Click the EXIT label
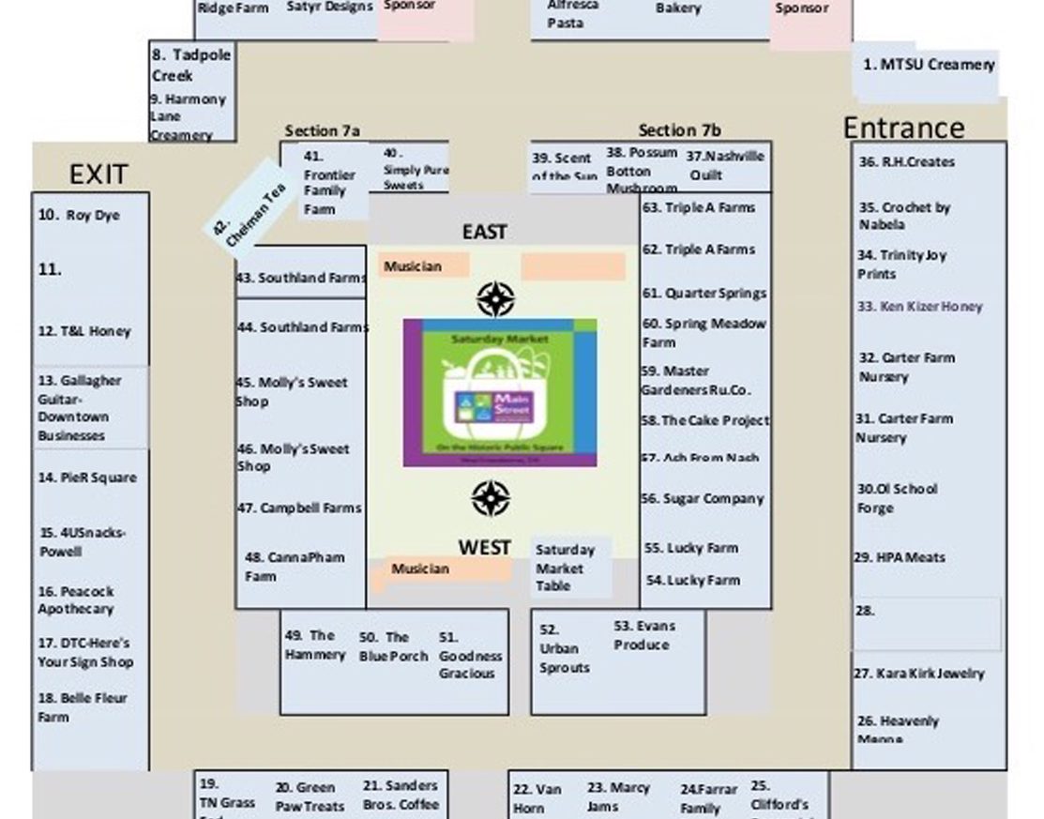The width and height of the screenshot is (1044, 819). (98, 174)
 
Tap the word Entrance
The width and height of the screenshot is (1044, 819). (903, 128)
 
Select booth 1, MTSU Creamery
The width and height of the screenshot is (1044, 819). (928, 65)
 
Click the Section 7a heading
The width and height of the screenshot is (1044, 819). (322, 131)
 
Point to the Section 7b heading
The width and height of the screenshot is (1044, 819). (680, 131)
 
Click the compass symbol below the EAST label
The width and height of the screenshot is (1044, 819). (494, 299)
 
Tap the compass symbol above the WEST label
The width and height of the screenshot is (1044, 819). (490, 499)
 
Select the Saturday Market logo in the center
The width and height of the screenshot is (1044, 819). (500, 392)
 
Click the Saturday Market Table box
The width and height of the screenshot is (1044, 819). (566, 568)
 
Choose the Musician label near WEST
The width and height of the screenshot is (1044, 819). (420, 569)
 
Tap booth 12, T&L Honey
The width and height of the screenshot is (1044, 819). (84, 331)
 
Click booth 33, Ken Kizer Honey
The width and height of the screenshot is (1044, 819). (919, 306)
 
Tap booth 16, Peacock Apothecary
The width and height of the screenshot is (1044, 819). (76, 600)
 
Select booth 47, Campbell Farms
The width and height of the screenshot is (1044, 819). (298, 508)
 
